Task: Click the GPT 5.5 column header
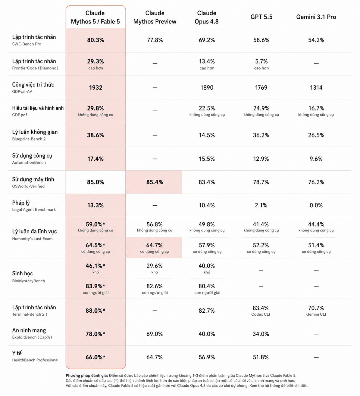pyautogui.click(x=261, y=17)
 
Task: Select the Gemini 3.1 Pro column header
pyautogui.click(x=316, y=17)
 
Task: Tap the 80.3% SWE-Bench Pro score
pyautogui.click(x=95, y=40)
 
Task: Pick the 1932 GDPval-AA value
pyautogui.click(x=95, y=88)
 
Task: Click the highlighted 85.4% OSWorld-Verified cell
pyautogui.click(x=155, y=182)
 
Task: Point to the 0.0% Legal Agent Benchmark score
pyautogui.click(x=316, y=205)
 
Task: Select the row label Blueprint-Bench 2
pyautogui.click(x=29, y=139)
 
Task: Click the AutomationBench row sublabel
pyautogui.click(x=29, y=162)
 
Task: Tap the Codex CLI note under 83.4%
pyautogui.click(x=261, y=314)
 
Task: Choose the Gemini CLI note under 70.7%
pyautogui.click(x=316, y=314)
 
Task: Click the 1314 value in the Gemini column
pyautogui.click(x=316, y=88)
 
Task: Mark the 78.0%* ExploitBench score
pyautogui.click(x=95, y=334)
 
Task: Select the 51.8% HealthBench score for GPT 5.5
pyautogui.click(x=261, y=357)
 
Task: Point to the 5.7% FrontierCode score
pyautogui.click(x=261, y=61)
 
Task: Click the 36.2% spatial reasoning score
pyautogui.click(x=261, y=135)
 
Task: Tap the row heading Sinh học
pyautogui.click(x=22, y=274)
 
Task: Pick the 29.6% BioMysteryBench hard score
pyautogui.click(x=155, y=266)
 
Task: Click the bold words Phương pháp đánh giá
pyautogui.click(x=87, y=376)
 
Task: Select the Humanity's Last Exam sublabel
pyautogui.click(x=33, y=239)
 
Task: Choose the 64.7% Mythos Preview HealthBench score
pyautogui.click(x=155, y=357)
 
